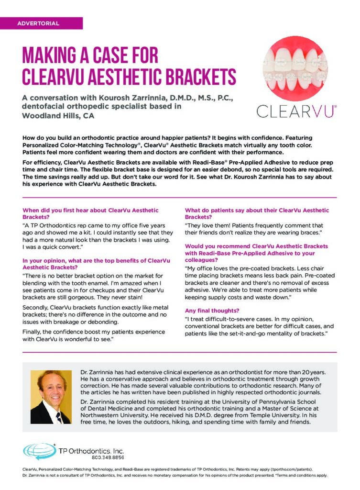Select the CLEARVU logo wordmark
coord(296,111)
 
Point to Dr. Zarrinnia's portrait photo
coord(51,397)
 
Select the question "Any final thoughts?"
coord(212,311)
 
